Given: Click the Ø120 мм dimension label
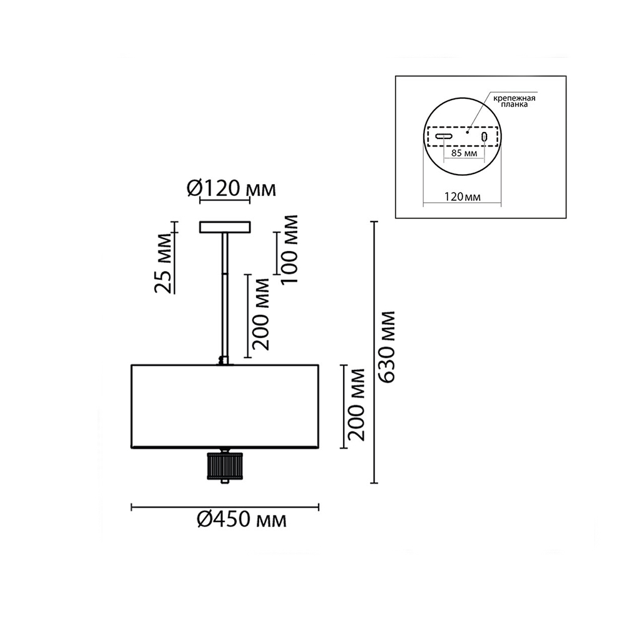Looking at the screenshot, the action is [x=231, y=188].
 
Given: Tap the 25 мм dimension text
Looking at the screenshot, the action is [x=163, y=264].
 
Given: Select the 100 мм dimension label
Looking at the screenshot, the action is [x=289, y=249].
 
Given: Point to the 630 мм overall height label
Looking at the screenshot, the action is [x=387, y=347].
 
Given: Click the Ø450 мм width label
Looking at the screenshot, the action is [x=242, y=520].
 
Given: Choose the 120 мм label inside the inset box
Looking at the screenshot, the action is [x=463, y=197].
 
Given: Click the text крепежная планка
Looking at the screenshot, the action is [x=514, y=101].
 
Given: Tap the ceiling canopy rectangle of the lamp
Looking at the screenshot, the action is [x=225, y=227].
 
